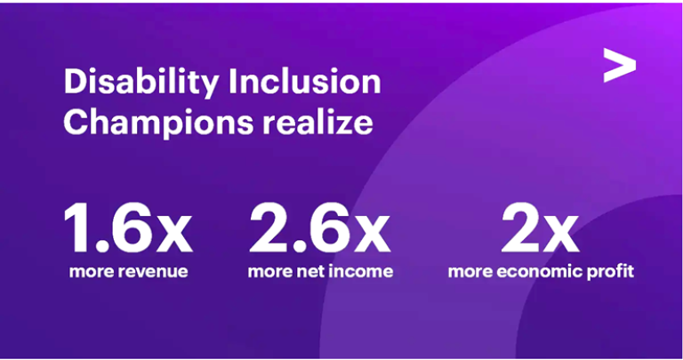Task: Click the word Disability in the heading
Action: tap(141, 84)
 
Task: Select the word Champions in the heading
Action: tap(158, 124)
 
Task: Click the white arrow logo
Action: tap(619, 65)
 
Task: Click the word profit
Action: tap(615, 273)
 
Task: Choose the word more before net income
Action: tap(270, 272)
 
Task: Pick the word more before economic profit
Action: tap(470, 272)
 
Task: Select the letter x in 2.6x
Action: tap(373, 234)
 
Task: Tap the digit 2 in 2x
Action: tap(521, 228)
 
